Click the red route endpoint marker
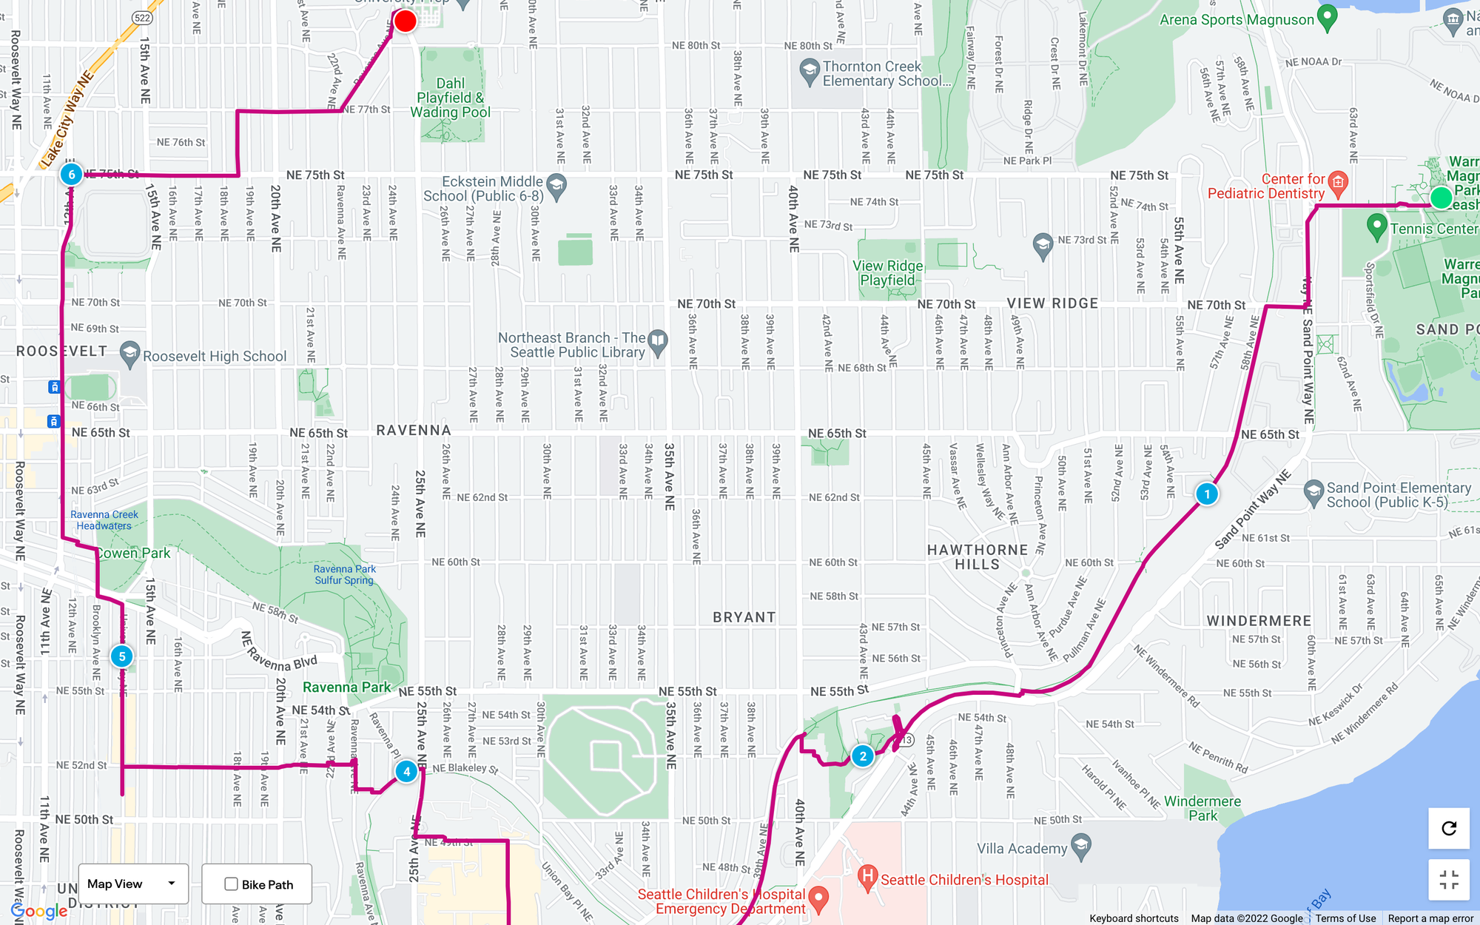(x=405, y=21)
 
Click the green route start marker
(x=1441, y=198)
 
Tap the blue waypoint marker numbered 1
(x=1207, y=494)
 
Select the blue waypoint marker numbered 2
(x=863, y=756)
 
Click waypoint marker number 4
(x=406, y=771)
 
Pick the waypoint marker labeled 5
(x=122, y=656)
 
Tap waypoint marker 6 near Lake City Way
(x=71, y=175)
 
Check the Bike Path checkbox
(x=232, y=884)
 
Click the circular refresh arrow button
(x=1449, y=828)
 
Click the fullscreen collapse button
(x=1449, y=880)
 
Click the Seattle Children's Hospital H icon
(x=867, y=878)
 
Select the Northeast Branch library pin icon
(x=657, y=340)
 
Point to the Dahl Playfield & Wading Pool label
(x=450, y=98)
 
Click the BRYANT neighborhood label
(x=744, y=617)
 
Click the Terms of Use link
(x=1345, y=918)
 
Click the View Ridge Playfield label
(x=887, y=273)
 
